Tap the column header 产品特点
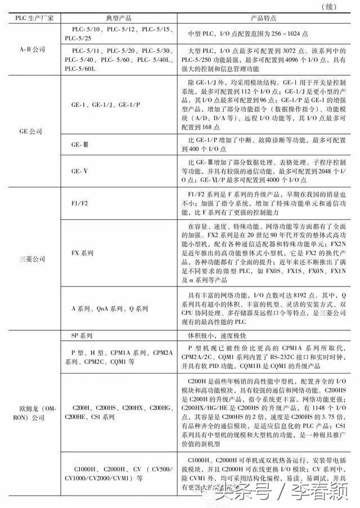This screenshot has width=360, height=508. (263, 19)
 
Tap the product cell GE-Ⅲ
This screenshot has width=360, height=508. (79, 145)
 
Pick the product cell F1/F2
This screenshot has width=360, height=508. (82, 203)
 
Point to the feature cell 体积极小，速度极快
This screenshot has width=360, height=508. (220, 336)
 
